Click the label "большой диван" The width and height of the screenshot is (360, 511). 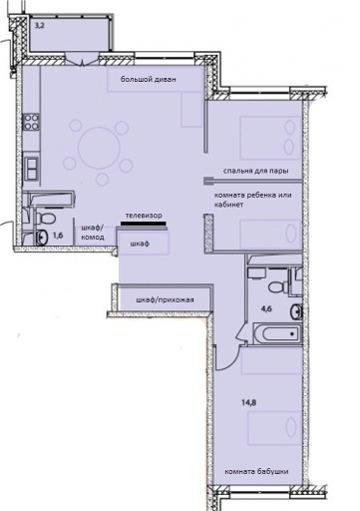tap(149, 80)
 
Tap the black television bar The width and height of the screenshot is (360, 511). tap(144, 224)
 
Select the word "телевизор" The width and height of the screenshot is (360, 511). tap(144, 216)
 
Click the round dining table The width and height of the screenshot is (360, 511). tap(99, 147)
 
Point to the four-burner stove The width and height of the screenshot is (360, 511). tap(31, 122)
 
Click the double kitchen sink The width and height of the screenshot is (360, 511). tap(31, 169)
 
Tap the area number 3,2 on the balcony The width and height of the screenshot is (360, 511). tap(39, 25)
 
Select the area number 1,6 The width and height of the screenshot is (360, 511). tap(58, 236)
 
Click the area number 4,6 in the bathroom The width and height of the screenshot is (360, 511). tap(266, 308)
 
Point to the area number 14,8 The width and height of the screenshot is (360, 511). tap(248, 403)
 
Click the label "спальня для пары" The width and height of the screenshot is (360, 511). tap(256, 171)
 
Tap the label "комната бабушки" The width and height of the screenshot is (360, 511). tap(256, 471)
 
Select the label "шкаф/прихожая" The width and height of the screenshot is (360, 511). tap(165, 300)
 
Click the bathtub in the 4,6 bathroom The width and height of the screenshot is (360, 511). tap(277, 333)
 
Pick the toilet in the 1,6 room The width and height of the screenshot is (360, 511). tap(46, 217)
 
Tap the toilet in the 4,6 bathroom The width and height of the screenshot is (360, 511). tap(279, 286)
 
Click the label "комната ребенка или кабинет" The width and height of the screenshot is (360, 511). tap(253, 200)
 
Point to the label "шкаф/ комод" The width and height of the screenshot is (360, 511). tap(93, 233)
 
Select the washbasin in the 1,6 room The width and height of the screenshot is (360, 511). tap(42, 238)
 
